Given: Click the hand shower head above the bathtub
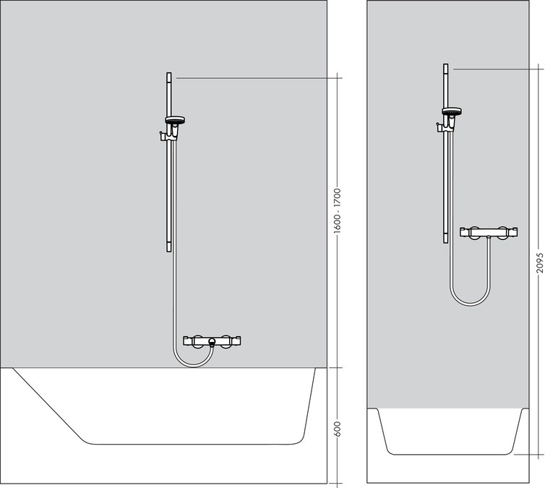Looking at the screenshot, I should pos(175,119).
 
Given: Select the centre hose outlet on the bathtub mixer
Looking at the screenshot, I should pos(211,341).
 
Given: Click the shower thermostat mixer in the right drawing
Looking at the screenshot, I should pos(489,233).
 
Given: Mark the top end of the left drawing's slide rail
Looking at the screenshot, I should pos(169,74).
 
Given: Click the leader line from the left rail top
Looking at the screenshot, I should pos(253,77).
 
